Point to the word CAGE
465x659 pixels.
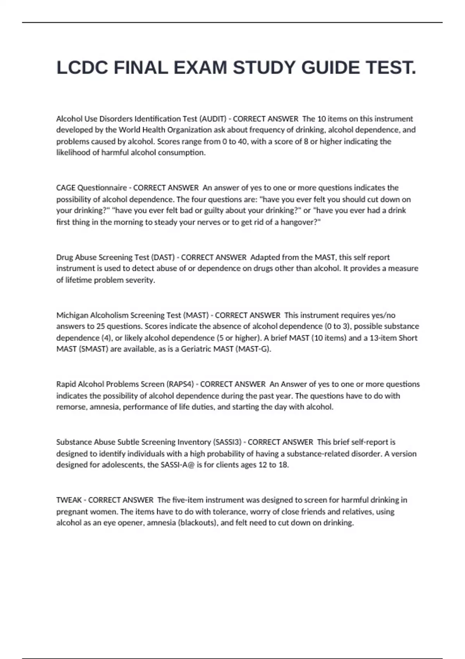[x=66, y=188]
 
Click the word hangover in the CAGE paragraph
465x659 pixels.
[x=298, y=222]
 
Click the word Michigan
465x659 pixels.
[x=72, y=315]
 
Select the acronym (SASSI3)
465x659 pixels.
[x=227, y=442]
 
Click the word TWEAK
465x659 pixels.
[x=69, y=500]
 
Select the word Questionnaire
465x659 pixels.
[x=102, y=188]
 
